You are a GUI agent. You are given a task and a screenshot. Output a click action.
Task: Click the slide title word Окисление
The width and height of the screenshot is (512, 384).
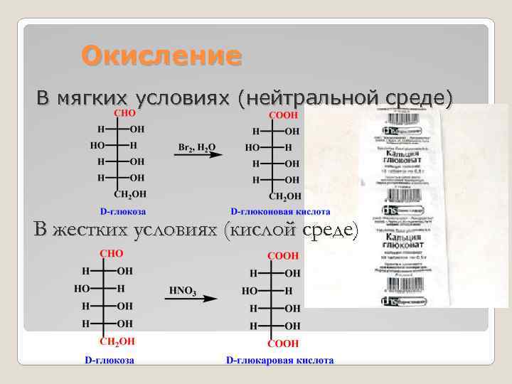tap(161, 55)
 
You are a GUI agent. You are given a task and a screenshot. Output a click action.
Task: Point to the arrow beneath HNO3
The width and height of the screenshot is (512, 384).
tap(191, 299)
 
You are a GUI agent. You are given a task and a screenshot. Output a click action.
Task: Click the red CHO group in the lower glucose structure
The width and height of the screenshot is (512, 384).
tap(112, 254)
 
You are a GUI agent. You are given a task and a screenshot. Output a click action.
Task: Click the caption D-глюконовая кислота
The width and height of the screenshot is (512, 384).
tap(280, 211)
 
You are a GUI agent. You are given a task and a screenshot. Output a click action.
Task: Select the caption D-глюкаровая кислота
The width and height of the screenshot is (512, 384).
tap(279, 361)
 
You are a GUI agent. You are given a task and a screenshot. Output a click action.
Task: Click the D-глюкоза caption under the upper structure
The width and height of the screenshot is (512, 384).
tap(123, 211)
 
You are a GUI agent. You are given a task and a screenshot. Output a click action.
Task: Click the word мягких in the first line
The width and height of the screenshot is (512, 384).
tap(95, 97)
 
